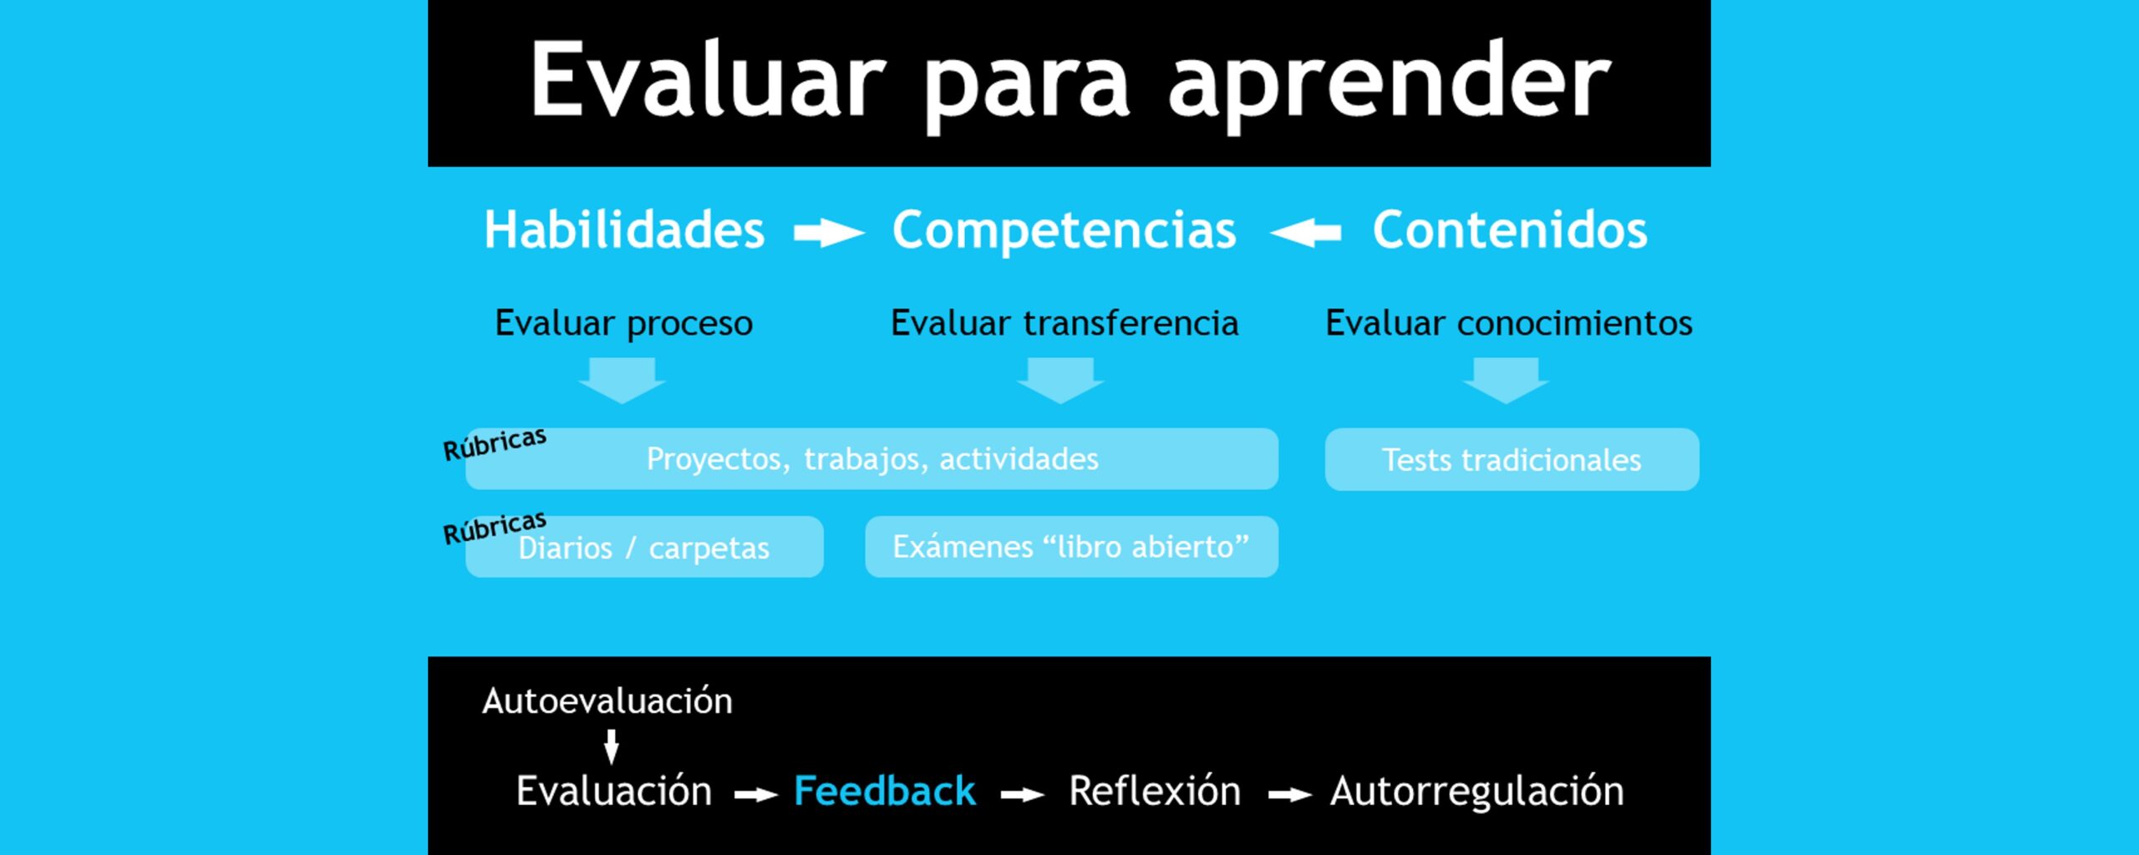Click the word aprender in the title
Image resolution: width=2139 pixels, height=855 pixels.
(1389, 83)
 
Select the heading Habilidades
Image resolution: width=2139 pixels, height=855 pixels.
(624, 230)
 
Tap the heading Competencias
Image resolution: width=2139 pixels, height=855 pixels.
(1064, 231)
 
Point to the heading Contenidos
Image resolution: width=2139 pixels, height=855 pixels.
(1510, 230)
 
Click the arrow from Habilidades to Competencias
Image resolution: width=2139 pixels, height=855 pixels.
(829, 233)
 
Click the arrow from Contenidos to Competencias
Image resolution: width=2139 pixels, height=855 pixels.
(1305, 233)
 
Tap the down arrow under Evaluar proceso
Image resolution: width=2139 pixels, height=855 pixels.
(622, 381)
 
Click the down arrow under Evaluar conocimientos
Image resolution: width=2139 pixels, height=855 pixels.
(1506, 381)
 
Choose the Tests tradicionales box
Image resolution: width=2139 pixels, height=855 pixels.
(1512, 459)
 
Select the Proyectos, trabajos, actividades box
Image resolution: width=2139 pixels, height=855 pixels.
(871, 458)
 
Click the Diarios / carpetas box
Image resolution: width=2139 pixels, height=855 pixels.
(644, 547)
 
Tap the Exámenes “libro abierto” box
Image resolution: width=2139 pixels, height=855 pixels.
(1071, 547)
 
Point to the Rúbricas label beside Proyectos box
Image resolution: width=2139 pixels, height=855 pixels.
(495, 444)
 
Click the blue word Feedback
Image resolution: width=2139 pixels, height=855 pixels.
(884, 791)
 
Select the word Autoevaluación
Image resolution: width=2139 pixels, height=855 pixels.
(607, 701)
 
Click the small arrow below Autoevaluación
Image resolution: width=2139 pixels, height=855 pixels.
(612, 746)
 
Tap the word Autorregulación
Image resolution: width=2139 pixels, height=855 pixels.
(1477, 792)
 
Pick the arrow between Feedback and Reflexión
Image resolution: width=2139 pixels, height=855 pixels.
(1023, 796)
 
